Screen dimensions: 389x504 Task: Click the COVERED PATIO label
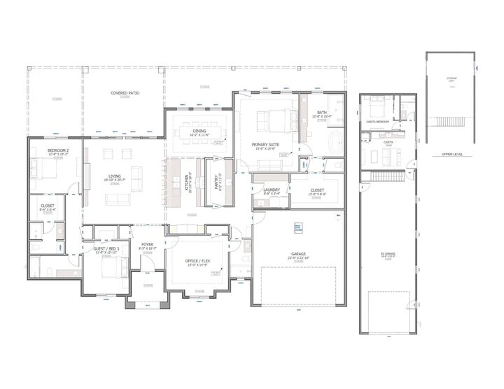(123, 92)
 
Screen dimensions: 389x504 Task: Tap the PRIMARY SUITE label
(267, 144)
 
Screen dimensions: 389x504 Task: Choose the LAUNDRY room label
(272, 190)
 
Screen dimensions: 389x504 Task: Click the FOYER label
(146, 245)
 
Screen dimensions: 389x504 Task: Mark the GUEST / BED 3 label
(106, 249)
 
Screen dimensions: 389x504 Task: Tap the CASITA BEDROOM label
(377, 121)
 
